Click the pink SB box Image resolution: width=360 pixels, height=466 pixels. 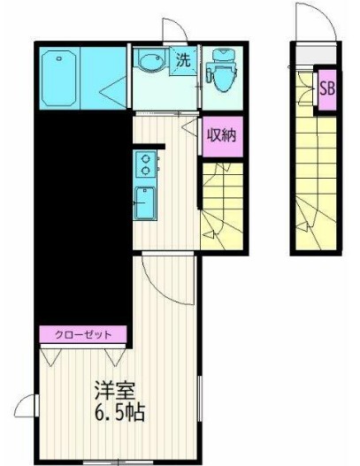coord(326,89)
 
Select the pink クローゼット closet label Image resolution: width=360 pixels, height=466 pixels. coord(84,335)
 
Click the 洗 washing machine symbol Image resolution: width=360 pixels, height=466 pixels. coord(182,62)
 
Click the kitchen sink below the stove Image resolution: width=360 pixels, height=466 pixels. coord(142,203)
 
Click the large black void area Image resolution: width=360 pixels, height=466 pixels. coord(80,212)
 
